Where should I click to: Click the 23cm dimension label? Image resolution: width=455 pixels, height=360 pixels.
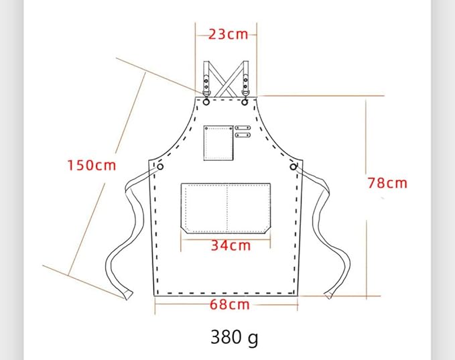click(229, 35)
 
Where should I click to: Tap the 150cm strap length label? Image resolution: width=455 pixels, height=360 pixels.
click(92, 165)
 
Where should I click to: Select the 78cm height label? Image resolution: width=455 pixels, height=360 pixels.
click(387, 183)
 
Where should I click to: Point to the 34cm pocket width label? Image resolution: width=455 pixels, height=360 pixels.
click(231, 245)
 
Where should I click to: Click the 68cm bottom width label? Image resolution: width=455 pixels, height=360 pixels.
click(230, 304)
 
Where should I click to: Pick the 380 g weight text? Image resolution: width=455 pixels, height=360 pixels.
click(234, 337)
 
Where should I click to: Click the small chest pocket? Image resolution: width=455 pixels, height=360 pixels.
click(218, 143)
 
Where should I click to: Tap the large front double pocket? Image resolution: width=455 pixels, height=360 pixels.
click(226, 208)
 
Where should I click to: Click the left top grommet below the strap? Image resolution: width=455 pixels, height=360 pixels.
click(206, 102)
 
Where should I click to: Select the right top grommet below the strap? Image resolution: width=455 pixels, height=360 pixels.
click(245, 102)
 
